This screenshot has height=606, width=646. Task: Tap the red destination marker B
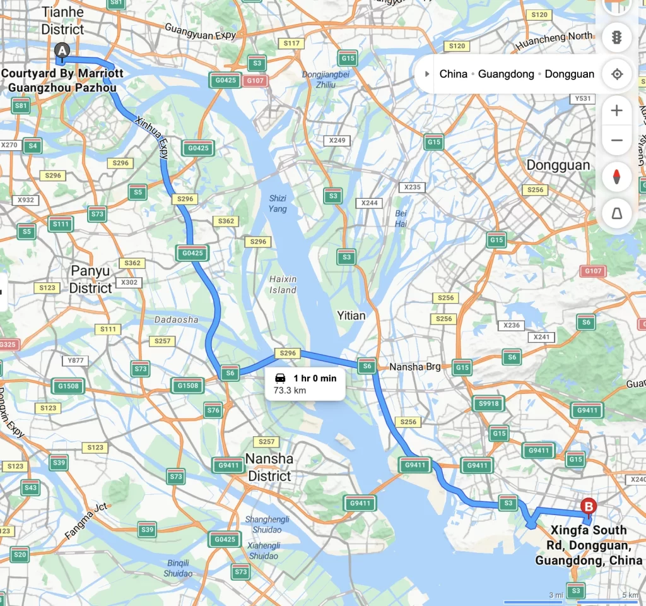588,506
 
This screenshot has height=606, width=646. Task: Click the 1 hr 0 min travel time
315,378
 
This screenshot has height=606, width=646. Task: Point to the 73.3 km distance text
290,391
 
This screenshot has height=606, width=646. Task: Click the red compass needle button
616,176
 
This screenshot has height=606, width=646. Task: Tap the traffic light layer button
616,37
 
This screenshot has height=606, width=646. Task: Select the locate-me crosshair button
616,74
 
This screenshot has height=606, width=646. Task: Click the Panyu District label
91,279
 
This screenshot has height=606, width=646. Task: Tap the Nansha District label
269,467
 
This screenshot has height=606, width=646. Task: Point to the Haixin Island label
283,284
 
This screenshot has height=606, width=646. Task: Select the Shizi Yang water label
277,203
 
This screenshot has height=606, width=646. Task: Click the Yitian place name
351,315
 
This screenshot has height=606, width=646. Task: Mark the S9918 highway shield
489,404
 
